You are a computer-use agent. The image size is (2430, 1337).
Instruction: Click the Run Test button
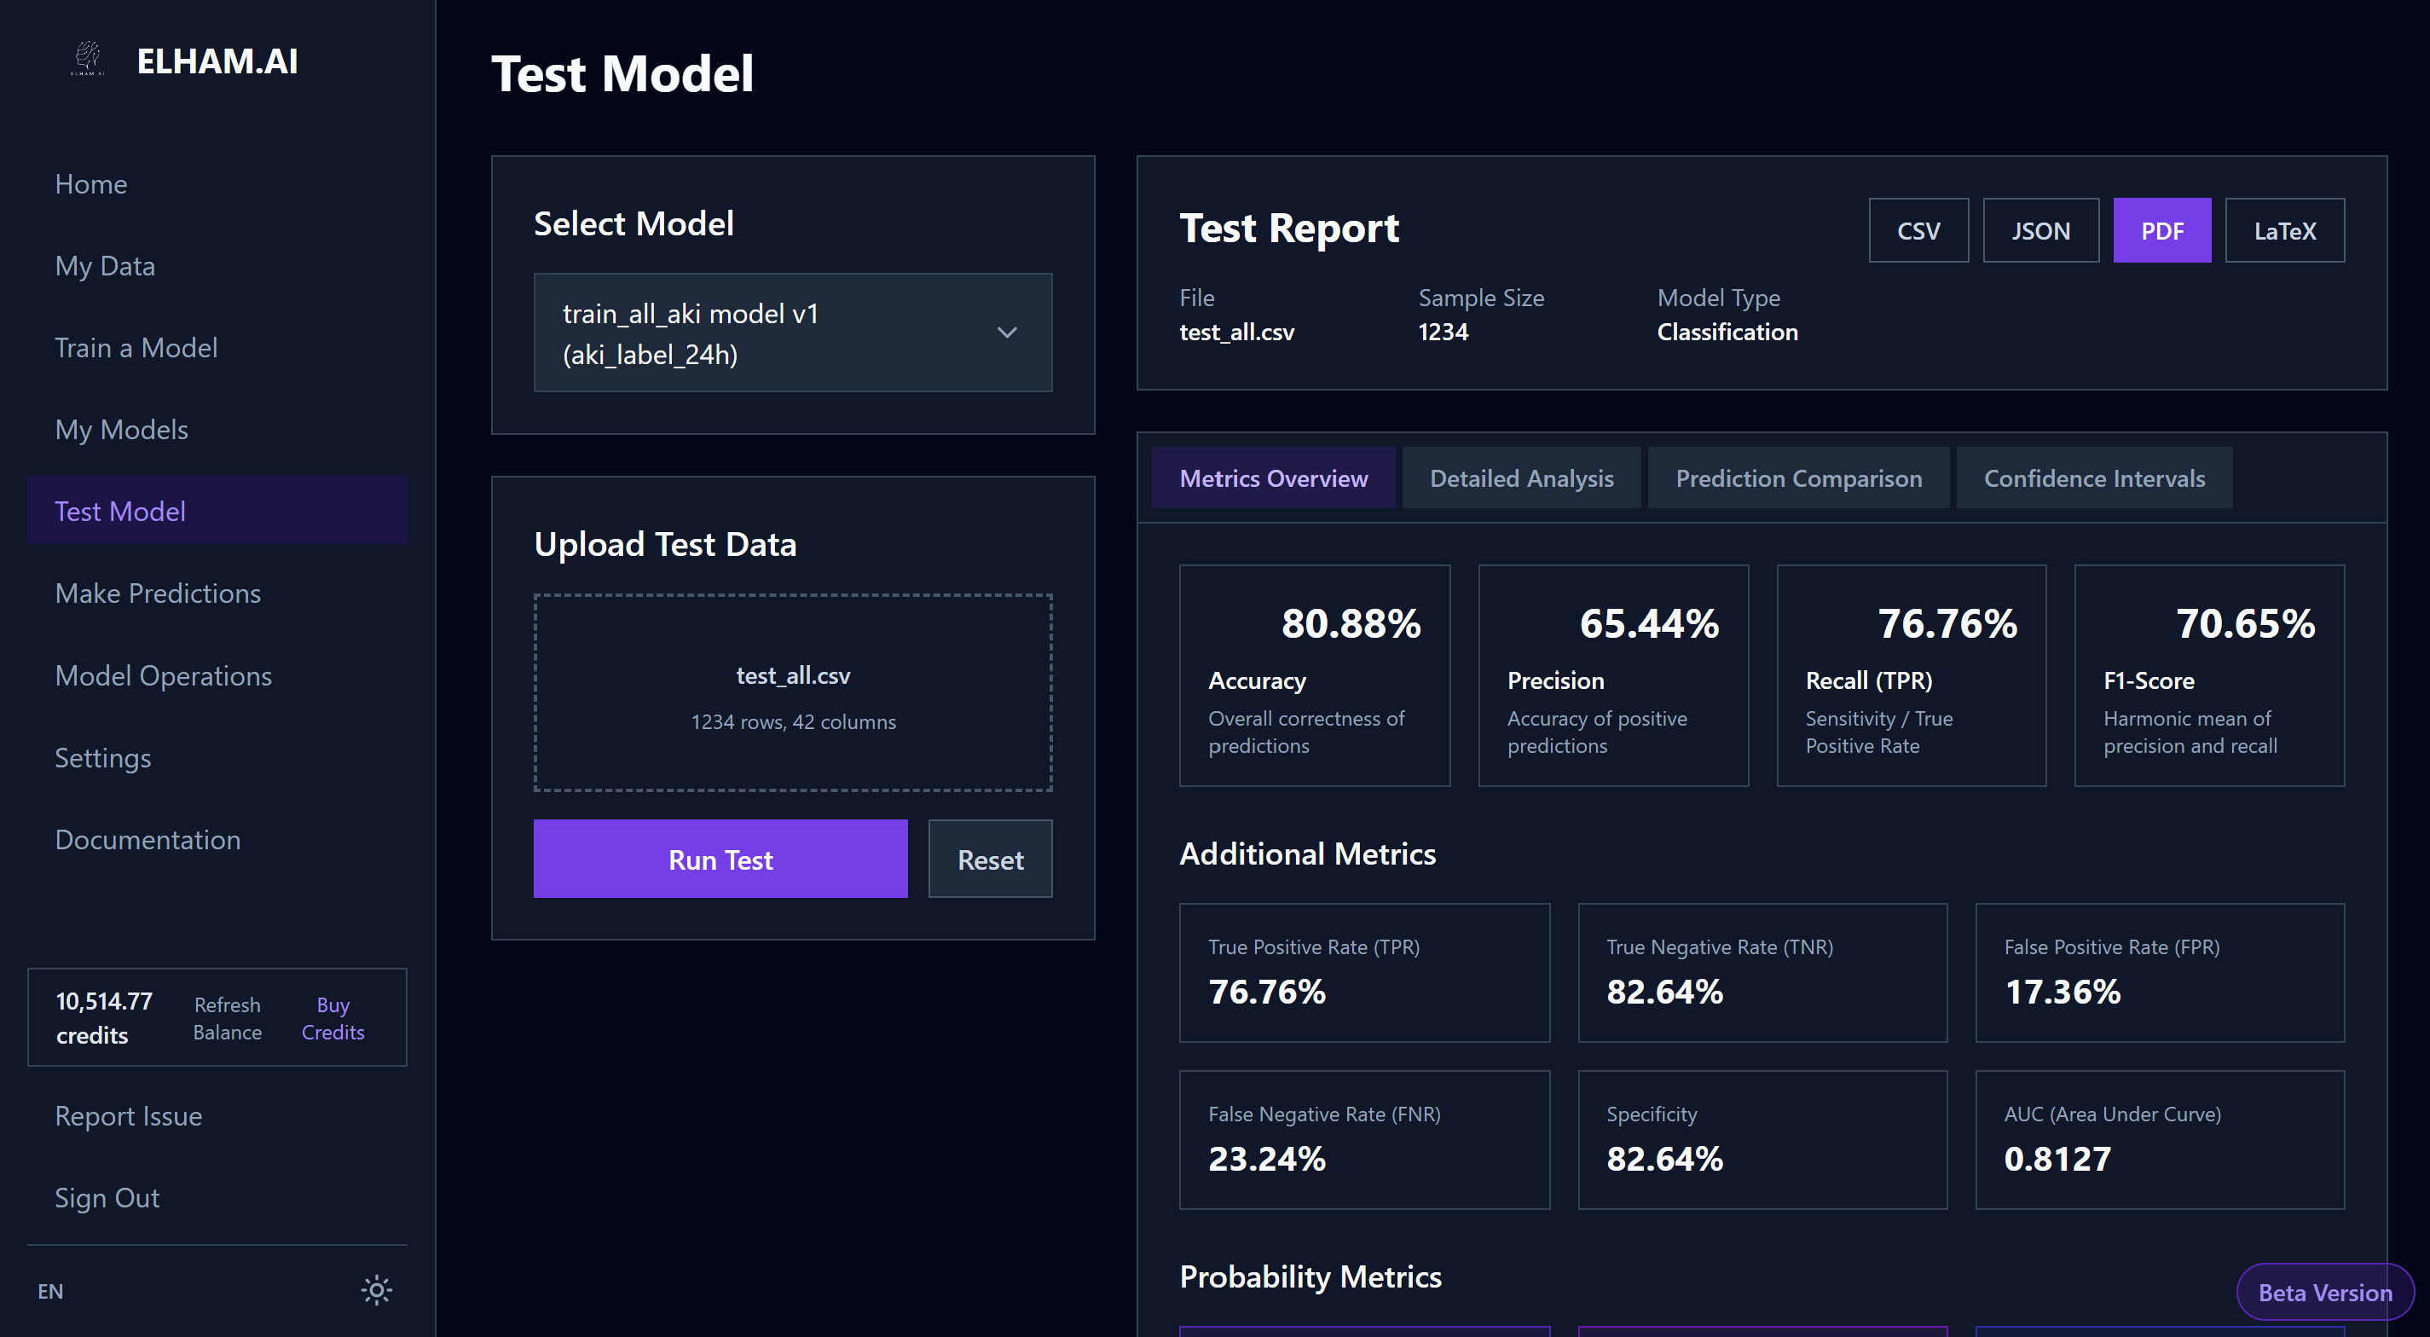coord(720,859)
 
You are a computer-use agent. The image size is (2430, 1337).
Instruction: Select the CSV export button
coord(1918,230)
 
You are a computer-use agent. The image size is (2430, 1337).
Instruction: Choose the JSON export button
coord(2040,230)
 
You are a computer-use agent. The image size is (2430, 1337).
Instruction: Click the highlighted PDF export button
coord(2161,230)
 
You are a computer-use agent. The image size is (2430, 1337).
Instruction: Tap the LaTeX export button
coord(2284,230)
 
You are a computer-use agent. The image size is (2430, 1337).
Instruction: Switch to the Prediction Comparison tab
coord(1798,478)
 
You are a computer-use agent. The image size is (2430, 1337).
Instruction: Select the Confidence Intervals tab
coord(2093,478)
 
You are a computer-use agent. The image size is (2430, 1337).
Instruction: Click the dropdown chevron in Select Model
coord(1006,333)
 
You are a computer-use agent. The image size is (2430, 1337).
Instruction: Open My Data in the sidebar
coord(105,266)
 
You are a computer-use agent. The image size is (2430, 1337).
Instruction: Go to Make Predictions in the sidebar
coord(158,593)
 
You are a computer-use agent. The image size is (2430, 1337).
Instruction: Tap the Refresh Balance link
coord(228,1018)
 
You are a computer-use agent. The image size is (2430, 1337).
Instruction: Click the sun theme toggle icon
coord(376,1290)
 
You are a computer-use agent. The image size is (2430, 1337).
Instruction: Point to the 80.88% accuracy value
coord(1351,622)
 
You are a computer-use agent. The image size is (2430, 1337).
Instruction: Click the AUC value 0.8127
coord(2057,1159)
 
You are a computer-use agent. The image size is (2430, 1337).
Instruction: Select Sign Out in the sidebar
coord(107,1198)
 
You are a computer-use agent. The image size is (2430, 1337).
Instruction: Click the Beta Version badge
coord(2324,1292)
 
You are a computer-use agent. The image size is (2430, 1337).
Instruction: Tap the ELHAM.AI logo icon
coord(88,59)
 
